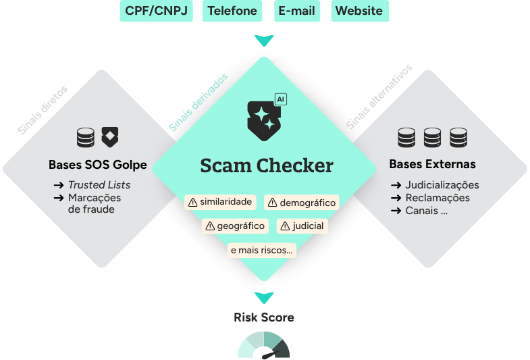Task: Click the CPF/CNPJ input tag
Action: click(157, 11)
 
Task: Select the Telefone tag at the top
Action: click(232, 11)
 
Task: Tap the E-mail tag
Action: click(297, 11)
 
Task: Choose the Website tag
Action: click(359, 11)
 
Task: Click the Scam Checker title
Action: click(266, 165)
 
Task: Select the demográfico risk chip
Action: click(300, 202)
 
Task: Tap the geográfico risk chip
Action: click(234, 226)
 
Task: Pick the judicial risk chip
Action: click(302, 226)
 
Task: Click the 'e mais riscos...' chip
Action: click(262, 250)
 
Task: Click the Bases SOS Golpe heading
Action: click(97, 165)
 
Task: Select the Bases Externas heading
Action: click(432, 164)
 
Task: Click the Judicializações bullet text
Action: click(442, 184)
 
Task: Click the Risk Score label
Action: click(264, 317)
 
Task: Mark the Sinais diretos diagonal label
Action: click(43, 110)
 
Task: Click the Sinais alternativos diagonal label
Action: click(379, 97)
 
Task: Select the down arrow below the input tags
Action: click(264, 41)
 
